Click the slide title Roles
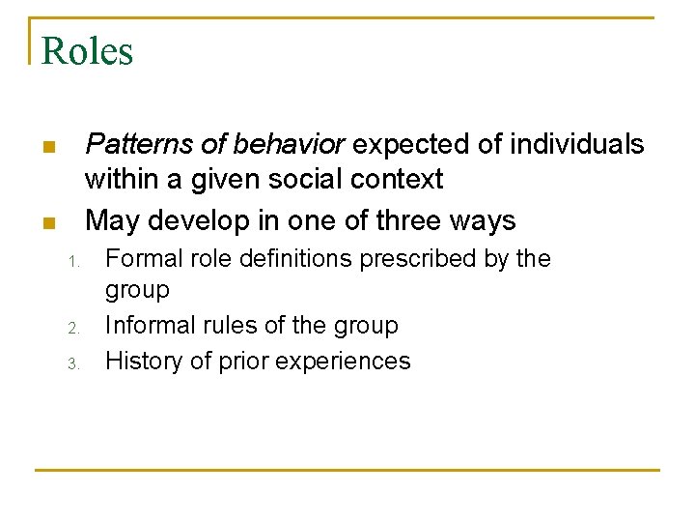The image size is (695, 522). pos(87,51)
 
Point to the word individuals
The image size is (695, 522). pos(577,145)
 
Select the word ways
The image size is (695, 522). pos(487,220)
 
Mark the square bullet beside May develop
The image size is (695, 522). pos(47,223)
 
